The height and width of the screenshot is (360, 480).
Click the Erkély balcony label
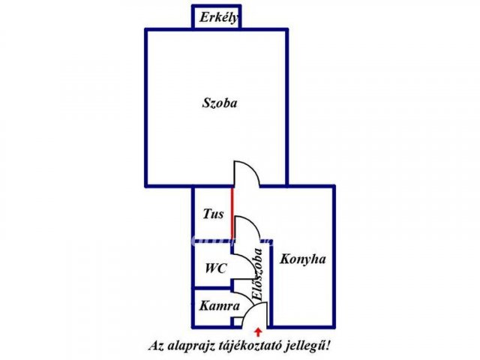[x=219, y=17]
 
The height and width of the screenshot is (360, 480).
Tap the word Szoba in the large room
[x=220, y=103]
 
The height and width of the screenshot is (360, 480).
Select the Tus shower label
[x=213, y=214]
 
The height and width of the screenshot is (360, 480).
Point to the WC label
[x=216, y=268]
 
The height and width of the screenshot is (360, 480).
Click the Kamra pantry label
[x=219, y=306]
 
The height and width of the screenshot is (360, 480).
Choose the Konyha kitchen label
[x=303, y=259]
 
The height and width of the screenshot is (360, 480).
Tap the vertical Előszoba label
[x=257, y=274]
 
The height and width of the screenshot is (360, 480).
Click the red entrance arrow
[x=258, y=332]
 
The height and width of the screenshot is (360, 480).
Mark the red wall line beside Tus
[x=232, y=213]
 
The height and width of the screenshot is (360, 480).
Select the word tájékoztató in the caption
[x=250, y=346]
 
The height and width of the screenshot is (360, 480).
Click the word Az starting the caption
[x=157, y=346]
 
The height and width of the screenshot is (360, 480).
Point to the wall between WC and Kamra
[x=213, y=288]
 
